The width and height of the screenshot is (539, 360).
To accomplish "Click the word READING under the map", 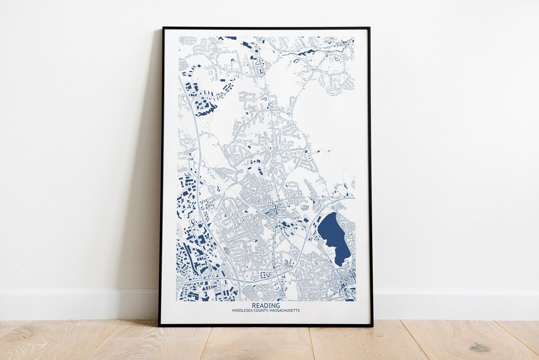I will click(266, 306).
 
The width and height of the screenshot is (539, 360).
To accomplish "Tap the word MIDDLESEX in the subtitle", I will click(243, 311).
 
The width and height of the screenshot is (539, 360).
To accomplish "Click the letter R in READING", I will click(254, 306).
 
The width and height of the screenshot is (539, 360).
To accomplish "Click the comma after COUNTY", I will click(269, 312).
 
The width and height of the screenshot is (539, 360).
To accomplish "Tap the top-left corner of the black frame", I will click(163, 28).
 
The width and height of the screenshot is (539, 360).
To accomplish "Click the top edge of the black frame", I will click(266, 27).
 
